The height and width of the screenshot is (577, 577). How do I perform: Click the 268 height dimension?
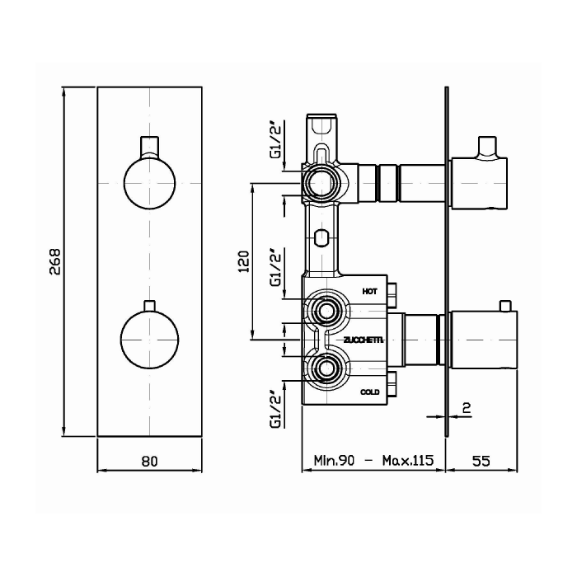pos(54,261)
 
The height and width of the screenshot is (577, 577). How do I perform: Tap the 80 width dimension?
pos(149,461)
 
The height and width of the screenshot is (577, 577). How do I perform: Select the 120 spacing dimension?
pos(244,261)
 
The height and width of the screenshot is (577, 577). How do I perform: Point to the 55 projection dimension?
pos(481,460)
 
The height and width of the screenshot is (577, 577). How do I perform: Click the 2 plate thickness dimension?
pos(467,407)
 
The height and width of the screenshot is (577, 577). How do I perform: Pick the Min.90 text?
pos(334,460)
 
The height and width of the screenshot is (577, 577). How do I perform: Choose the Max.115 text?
pos(408,460)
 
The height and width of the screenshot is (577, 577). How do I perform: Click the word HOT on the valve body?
pos(370,292)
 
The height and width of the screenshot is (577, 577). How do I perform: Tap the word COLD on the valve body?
pos(370,392)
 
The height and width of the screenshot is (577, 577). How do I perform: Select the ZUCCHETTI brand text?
pos(364,340)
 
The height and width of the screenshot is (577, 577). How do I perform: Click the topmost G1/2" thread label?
pos(275,142)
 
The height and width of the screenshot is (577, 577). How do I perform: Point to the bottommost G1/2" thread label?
pos(275,411)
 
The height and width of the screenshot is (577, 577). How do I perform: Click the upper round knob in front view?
pos(149,183)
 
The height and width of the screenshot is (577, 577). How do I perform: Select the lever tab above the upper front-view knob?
pos(149,148)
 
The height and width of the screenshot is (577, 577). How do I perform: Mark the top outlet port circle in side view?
pos(321,182)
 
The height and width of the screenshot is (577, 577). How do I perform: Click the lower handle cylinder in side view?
pos(484,340)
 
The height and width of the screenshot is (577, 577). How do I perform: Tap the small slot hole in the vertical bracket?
pos(322,238)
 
